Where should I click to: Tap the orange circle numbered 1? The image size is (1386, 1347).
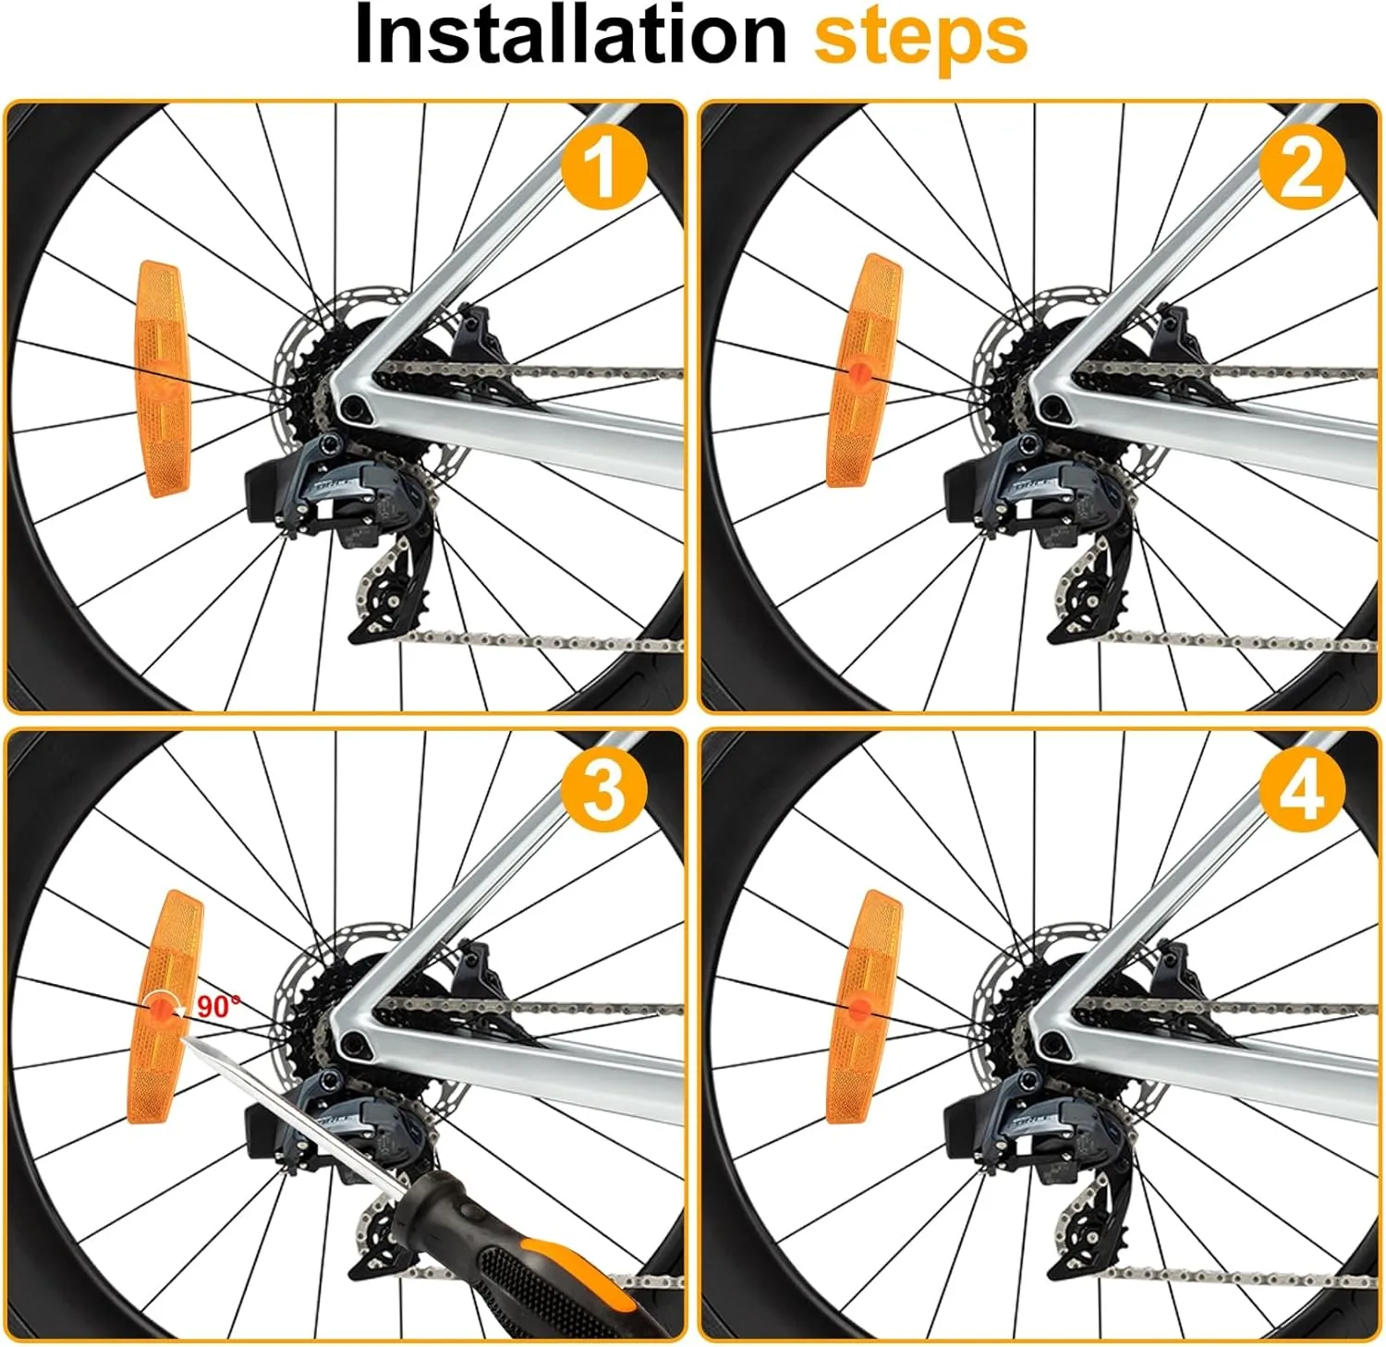(x=603, y=166)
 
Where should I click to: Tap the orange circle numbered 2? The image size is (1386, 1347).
(x=1302, y=166)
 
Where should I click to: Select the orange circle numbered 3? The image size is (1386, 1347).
(x=603, y=791)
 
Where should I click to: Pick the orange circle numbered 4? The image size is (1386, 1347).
(x=1302, y=791)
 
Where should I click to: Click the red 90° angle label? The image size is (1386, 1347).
(x=218, y=1005)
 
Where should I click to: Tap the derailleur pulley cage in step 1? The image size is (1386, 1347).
(x=388, y=591)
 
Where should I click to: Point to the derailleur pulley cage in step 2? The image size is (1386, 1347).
(x=1086, y=591)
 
